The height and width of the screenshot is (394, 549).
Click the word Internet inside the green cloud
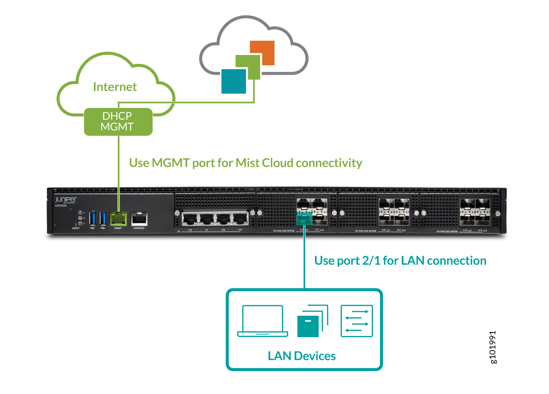[x=115, y=87]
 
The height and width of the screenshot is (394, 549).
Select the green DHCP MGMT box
[x=118, y=122]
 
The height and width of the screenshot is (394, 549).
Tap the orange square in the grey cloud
[x=262, y=53]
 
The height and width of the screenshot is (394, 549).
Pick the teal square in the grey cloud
[x=234, y=81]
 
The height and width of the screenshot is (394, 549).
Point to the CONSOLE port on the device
[x=139, y=219]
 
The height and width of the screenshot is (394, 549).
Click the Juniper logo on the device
[x=66, y=200]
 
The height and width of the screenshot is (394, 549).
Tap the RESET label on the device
[x=76, y=228]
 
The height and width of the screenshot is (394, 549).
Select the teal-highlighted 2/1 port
[x=304, y=219]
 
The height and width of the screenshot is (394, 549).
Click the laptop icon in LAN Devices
[x=262, y=321]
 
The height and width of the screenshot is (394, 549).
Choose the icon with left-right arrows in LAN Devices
[x=357, y=321]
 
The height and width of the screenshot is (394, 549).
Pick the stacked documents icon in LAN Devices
[x=312, y=321]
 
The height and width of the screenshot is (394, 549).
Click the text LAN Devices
[x=302, y=356]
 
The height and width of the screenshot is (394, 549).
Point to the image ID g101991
[x=493, y=347]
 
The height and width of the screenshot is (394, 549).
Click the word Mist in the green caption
[x=247, y=163]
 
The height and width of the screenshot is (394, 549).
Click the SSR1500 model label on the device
[x=61, y=206]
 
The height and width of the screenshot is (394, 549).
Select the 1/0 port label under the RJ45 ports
[x=190, y=230]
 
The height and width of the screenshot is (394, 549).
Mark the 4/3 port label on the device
[x=485, y=231]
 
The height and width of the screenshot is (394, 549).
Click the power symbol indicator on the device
[x=80, y=213]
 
